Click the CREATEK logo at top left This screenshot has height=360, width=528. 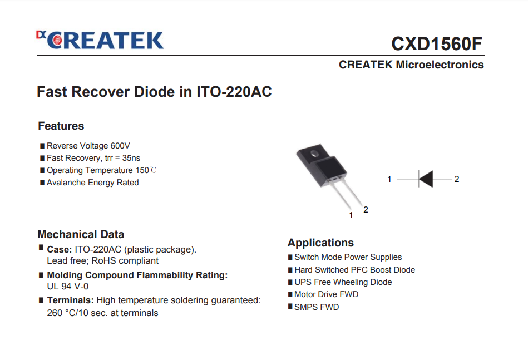tap(100, 41)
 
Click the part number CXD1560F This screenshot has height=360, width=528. tap(436, 44)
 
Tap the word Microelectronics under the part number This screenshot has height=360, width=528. tap(440, 65)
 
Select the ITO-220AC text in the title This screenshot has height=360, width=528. tap(234, 92)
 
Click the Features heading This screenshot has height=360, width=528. tap(61, 126)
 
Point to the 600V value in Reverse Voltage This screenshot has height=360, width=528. tap(120, 146)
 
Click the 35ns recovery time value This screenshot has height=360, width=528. tap(131, 158)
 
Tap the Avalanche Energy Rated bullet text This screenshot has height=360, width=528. tap(92, 183)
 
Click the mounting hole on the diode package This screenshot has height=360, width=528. tap(314, 154)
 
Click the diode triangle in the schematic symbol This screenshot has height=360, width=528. tap(426, 179)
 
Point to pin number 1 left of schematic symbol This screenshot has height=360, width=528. tap(389, 179)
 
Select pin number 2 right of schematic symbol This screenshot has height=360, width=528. tap(457, 179)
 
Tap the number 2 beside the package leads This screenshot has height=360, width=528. tap(366, 210)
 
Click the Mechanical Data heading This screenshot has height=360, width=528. tap(81, 234)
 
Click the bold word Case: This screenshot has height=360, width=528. tap(60, 249)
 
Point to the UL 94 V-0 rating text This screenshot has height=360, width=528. tap(68, 286)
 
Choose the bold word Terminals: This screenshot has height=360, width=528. tap(70, 300)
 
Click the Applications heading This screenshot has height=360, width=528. tap(320, 243)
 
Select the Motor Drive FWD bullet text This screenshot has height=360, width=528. tap(326, 294)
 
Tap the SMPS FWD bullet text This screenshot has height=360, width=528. tap(317, 307)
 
